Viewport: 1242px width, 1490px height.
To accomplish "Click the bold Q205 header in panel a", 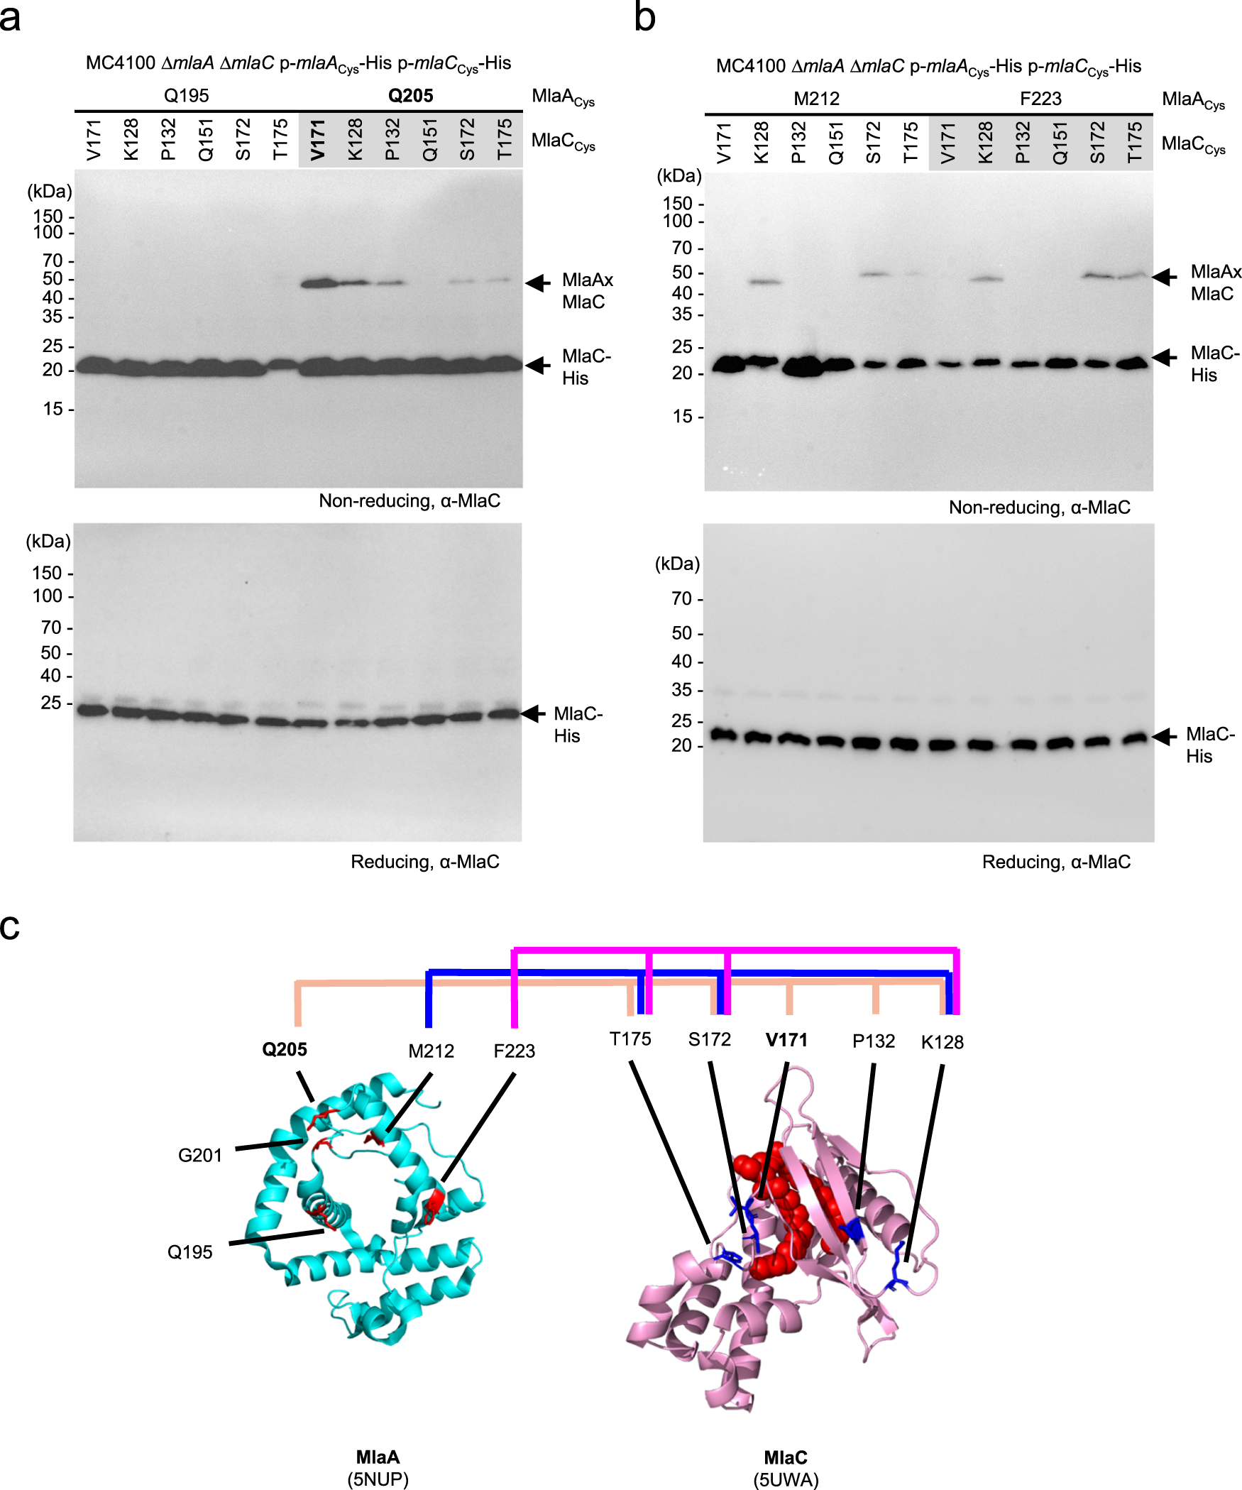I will point(410,96).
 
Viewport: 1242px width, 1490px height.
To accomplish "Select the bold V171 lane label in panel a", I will point(317,140).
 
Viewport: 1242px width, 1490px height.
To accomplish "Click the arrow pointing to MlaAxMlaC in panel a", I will point(538,283).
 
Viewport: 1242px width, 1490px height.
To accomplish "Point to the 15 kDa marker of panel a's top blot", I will point(54,409).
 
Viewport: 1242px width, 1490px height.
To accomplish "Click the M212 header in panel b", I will point(816,99).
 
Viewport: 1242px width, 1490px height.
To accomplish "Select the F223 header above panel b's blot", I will point(1040,99).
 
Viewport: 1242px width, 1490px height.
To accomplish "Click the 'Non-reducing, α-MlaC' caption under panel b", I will point(1039,507).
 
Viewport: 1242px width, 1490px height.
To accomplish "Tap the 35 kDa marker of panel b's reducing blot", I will point(682,690).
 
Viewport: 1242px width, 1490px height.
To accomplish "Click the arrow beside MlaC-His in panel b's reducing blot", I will point(1164,738).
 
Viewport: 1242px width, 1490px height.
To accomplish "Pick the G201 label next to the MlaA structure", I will point(200,1156).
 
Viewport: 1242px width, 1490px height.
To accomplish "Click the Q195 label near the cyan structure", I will point(189,1252).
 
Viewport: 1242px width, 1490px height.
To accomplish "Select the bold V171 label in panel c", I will point(786,1040).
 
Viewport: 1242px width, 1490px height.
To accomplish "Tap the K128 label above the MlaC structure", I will point(942,1042).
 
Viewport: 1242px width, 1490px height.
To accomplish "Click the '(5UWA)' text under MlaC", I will point(786,1480).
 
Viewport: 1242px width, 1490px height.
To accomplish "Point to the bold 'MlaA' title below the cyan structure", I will point(378,1457).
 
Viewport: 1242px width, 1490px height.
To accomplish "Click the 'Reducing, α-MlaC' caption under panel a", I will point(424,862).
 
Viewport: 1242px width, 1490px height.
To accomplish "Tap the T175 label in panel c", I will point(630,1039).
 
